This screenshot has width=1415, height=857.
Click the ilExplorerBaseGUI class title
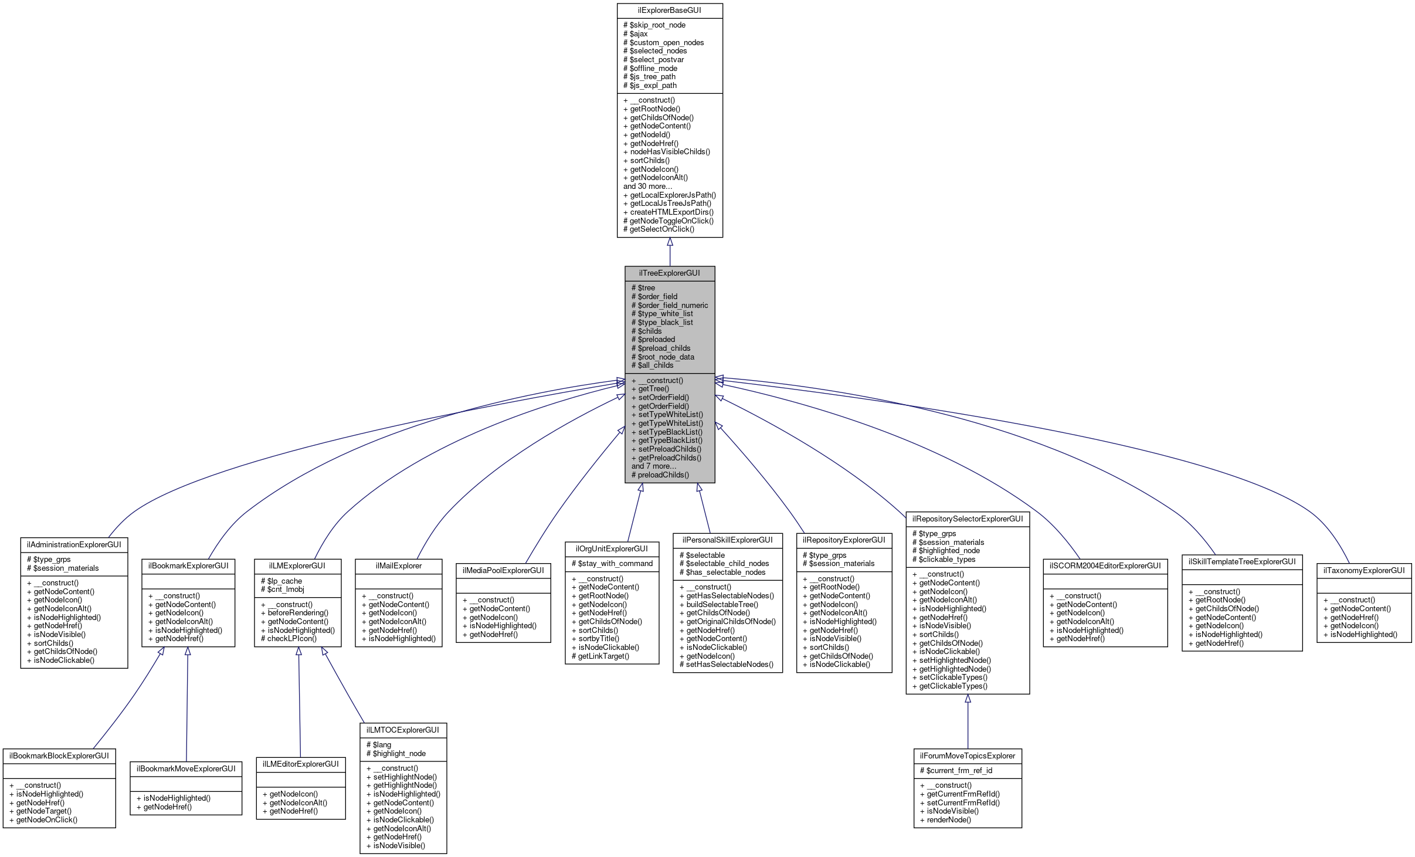tap(669, 11)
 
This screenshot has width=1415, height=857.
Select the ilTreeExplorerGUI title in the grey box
tap(669, 273)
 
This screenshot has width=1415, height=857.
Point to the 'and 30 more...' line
tap(647, 187)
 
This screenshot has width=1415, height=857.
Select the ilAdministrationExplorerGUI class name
tap(74, 545)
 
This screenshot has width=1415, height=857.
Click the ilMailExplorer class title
tap(399, 566)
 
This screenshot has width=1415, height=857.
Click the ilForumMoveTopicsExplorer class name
tap(968, 756)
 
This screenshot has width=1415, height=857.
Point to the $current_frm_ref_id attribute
tap(956, 771)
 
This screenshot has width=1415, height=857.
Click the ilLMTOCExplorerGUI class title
tap(403, 730)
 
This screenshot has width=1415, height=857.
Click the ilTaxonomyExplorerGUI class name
tap(1364, 571)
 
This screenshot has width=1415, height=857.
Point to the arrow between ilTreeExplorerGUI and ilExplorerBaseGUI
tap(670, 252)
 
